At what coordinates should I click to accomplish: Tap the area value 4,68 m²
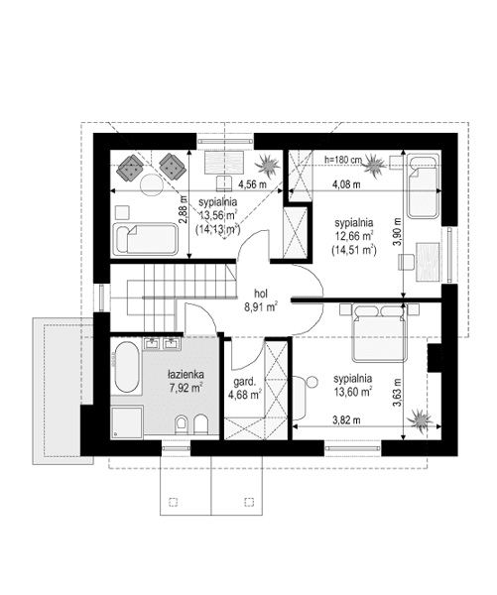pos(244,394)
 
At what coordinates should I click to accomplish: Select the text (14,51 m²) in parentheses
pos(354,250)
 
